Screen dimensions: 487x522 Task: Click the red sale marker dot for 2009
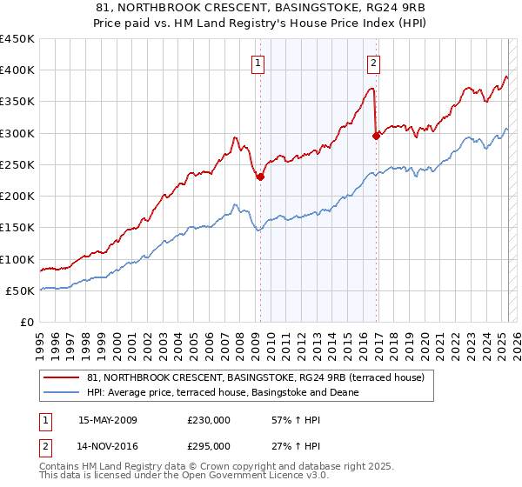coord(260,177)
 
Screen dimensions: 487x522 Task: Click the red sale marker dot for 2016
coord(376,136)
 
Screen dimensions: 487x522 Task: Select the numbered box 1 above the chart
coord(259,63)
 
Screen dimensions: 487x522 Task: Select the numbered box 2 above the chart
coord(373,63)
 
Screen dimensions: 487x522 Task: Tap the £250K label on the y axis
coord(17,164)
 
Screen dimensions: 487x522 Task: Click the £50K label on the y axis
coord(20,290)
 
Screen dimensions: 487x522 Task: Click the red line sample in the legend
coord(63,377)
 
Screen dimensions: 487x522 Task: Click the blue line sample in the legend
coord(63,392)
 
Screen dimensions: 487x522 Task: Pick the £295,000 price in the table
coord(209,446)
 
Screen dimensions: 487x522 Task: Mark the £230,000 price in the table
coord(209,420)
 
